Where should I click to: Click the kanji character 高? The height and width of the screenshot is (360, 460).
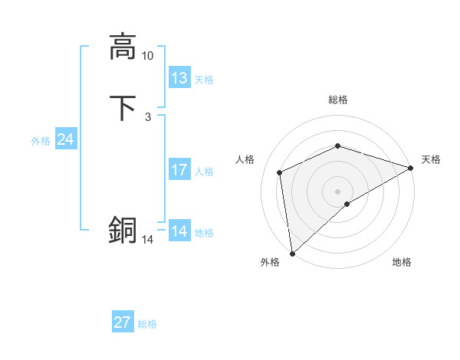tap(123, 47)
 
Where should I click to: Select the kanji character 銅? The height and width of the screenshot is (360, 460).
tap(123, 231)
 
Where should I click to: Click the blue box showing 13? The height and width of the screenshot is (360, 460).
tap(179, 78)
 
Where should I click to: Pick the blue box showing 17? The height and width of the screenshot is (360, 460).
tap(179, 170)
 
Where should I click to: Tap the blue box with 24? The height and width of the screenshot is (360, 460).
tap(66, 139)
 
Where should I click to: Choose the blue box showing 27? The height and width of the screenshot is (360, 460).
tap(123, 322)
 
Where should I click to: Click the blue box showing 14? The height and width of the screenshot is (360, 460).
tap(179, 231)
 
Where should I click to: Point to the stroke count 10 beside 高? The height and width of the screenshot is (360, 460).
tap(147, 56)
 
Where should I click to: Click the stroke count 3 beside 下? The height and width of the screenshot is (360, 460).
tap(147, 117)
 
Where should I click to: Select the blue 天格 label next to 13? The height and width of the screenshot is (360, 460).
tap(204, 80)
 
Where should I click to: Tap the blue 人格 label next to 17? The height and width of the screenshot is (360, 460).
tap(204, 172)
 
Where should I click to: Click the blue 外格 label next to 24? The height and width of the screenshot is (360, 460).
tap(41, 141)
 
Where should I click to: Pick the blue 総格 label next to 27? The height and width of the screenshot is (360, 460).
tap(147, 324)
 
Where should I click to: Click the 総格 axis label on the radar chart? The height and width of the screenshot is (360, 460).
tap(338, 100)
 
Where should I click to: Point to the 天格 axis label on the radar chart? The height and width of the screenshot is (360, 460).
tap(431, 159)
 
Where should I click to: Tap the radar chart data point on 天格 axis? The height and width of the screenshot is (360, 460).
tap(411, 168)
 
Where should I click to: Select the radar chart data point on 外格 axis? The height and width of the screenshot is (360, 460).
tap(292, 254)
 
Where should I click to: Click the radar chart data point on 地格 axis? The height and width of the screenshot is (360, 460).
tap(347, 204)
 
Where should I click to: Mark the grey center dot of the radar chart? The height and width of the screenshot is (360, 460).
tap(338, 191)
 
